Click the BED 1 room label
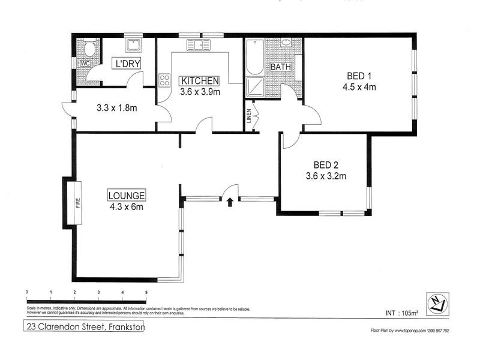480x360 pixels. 359,76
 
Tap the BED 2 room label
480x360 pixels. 326,165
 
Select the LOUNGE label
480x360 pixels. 127,195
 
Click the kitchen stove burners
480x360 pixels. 164,80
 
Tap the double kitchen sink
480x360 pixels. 199,44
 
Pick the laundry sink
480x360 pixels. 133,45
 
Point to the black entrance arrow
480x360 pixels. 230,202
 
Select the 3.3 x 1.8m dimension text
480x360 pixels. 117,109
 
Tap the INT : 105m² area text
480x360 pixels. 401,313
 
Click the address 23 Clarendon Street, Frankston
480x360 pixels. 84,327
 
